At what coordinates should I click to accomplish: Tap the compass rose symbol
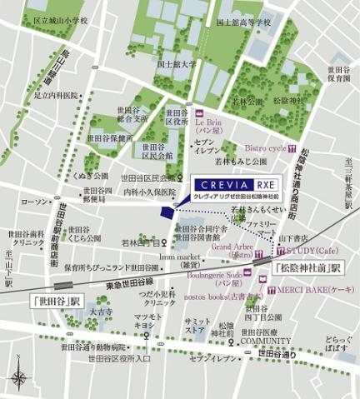click(18, 380)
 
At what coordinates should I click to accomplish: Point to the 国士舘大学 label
click(176, 62)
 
